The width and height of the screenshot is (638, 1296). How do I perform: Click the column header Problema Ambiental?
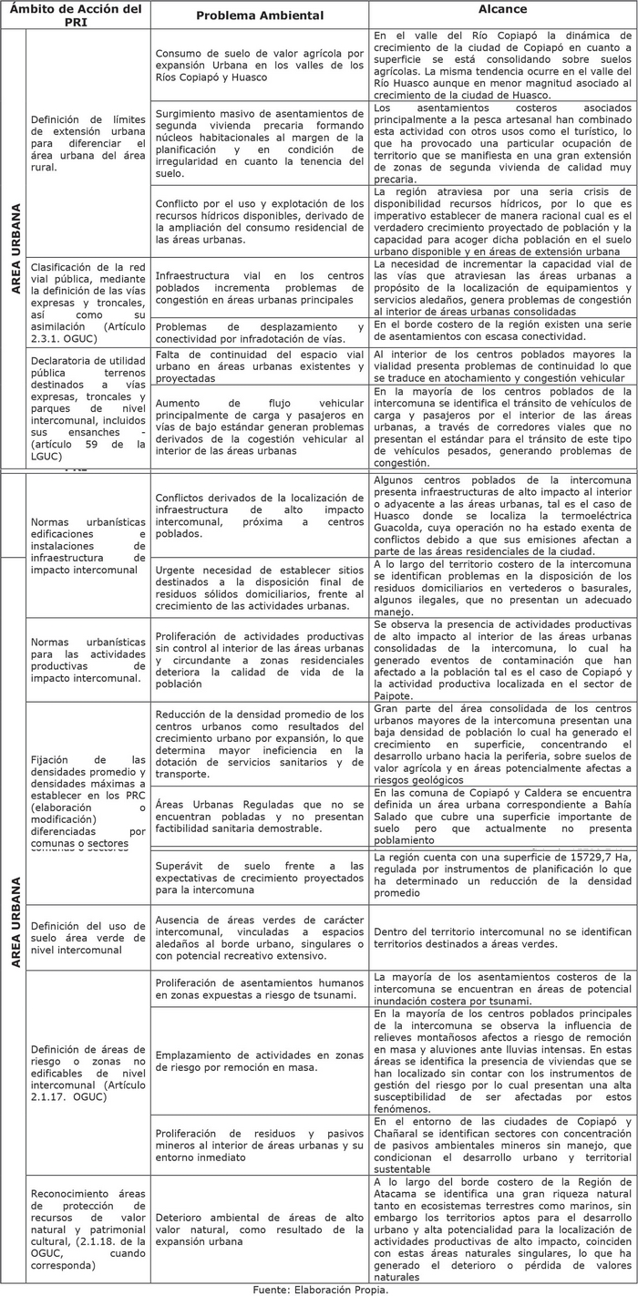[260, 15]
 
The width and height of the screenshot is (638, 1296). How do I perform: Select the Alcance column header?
[502, 9]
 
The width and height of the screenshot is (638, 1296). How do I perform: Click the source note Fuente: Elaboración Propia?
[320, 1289]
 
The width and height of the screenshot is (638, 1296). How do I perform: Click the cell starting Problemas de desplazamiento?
[260, 332]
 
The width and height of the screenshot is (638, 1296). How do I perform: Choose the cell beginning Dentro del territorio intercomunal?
[502, 939]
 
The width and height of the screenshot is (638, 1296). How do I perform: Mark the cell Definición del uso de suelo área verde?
[87, 938]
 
